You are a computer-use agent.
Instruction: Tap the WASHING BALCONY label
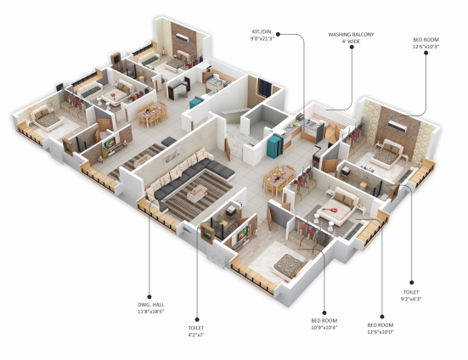[x=351, y=35]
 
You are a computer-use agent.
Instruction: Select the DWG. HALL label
[x=150, y=305]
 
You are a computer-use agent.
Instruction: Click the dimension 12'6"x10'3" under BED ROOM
[x=426, y=47]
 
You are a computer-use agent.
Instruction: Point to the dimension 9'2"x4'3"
[x=411, y=299]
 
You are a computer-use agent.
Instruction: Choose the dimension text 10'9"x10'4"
[x=324, y=328]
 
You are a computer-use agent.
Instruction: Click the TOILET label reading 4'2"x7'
[x=196, y=328]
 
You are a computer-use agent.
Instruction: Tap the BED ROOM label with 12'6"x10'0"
[x=381, y=325]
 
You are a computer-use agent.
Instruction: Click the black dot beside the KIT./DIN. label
[x=278, y=34]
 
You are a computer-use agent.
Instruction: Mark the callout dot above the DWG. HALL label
[x=149, y=297]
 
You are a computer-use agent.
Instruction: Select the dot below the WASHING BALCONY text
[x=352, y=47]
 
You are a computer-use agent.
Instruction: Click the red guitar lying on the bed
[x=330, y=210]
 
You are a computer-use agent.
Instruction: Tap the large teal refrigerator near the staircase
[x=274, y=146]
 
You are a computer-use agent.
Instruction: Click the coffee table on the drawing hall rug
[x=197, y=194]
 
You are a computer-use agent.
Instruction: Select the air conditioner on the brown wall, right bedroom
[x=397, y=127]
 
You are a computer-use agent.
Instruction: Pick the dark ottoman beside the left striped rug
[x=169, y=141]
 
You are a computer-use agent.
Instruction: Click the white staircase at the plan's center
[x=236, y=136]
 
